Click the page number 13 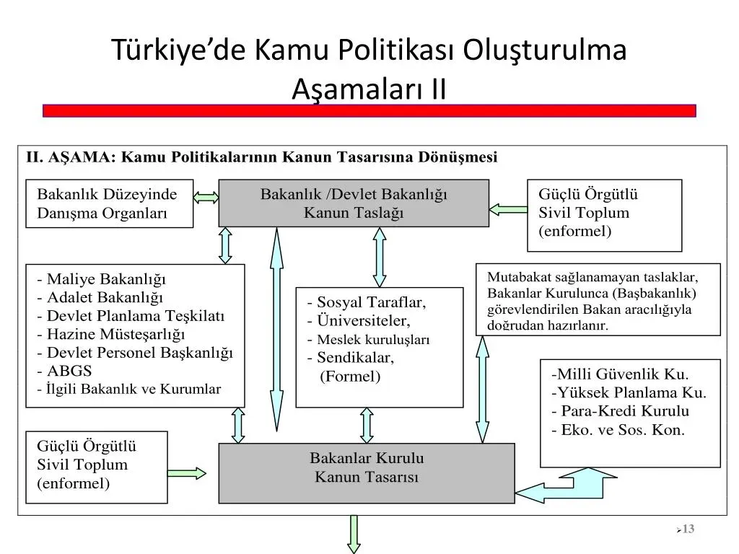pyautogui.click(x=688, y=529)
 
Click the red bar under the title pyautogui.click(x=369, y=110)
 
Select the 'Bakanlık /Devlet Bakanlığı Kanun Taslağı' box pyautogui.click(x=354, y=203)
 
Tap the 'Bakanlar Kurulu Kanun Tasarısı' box pyautogui.click(x=366, y=473)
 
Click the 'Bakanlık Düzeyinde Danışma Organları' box pyautogui.click(x=110, y=203)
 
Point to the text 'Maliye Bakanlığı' pyautogui.click(x=107, y=279)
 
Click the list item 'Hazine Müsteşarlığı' pyautogui.click(x=116, y=335)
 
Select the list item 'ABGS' pyautogui.click(x=69, y=371)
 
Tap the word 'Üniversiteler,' pyautogui.click(x=364, y=320)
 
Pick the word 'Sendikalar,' pyautogui.click(x=355, y=358)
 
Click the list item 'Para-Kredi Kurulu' pyautogui.click(x=625, y=410)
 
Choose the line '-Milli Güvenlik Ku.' pyautogui.click(x=620, y=374)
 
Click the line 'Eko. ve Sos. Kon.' pyautogui.click(x=623, y=430)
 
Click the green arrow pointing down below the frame pyautogui.click(x=354, y=535)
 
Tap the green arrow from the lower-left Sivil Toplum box pyautogui.click(x=187, y=473)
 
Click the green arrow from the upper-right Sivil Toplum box pyautogui.click(x=508, y=210)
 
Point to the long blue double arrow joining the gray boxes pyautogui.click(x=276, y=329)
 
